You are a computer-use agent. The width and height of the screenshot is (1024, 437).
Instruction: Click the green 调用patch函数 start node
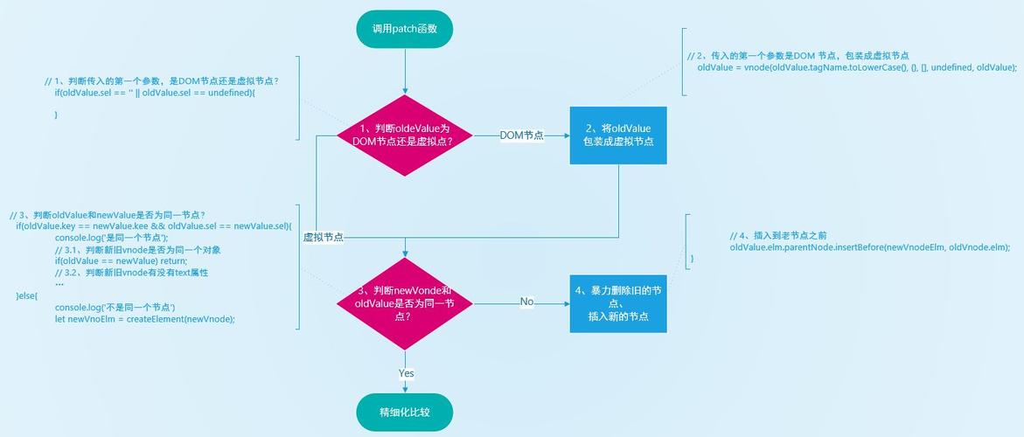tap(405, 31)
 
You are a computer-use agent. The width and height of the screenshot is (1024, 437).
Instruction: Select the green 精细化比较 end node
tap(405, 413)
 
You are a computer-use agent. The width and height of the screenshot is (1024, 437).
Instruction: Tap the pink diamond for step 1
tap(405, 135)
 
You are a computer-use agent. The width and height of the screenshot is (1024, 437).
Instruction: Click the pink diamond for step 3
tap(405, 303)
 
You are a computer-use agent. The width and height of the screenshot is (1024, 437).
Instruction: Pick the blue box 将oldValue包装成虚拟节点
tap(618, 135)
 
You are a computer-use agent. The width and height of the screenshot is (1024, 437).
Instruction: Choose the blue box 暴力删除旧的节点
tap(618, 303)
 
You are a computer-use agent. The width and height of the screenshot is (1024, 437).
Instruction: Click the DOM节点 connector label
tap(522, 135)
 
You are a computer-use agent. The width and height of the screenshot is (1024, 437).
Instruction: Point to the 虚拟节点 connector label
tap(324, 238)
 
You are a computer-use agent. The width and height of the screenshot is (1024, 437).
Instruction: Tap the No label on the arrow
tap(527, 302)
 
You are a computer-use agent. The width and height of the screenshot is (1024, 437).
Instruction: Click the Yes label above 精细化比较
tap(407, 374)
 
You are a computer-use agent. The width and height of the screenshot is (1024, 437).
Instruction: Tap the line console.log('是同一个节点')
tap(112, 238)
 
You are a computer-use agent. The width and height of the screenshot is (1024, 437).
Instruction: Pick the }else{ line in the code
tap(27, 296)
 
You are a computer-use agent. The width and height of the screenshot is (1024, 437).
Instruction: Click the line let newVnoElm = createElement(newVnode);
tap(145, 320)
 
